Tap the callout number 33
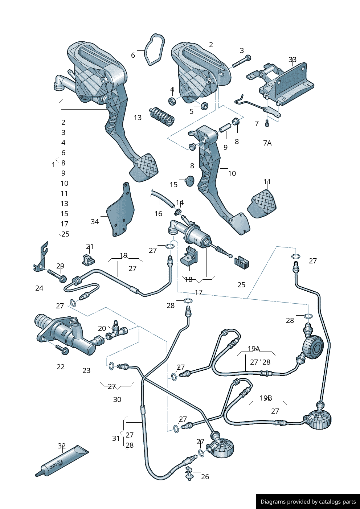coord(292,59)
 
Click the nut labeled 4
coord(172,100)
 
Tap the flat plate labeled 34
coord(120,212)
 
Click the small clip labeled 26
coord(189,473)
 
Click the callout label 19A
coord(254,349)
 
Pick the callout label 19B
coord(266,398)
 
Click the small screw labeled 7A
coord(267,124)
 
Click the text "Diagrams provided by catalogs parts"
coord(308,502)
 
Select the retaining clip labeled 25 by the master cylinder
coord(242,263)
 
